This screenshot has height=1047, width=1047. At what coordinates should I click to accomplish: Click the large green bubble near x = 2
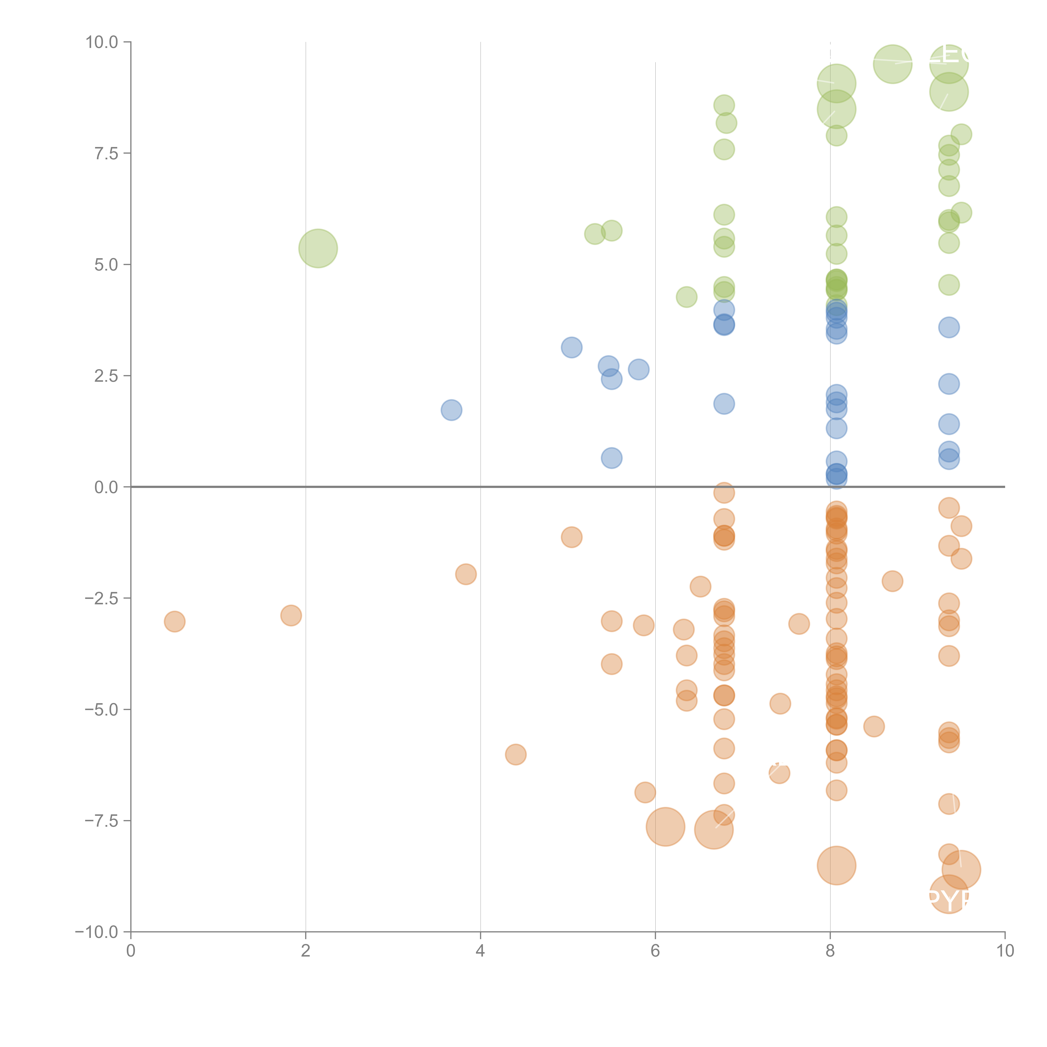tap(318, 248)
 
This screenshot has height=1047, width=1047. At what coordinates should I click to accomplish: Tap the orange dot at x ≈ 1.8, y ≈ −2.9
tap(291, 616)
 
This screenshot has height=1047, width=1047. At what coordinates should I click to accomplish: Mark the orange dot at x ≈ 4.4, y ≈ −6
tap(515, 754)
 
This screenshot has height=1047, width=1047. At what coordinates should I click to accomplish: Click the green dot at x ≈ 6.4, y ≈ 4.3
tap(687, 297)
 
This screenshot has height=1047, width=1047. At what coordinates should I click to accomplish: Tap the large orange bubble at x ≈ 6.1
tap(665, 827)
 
